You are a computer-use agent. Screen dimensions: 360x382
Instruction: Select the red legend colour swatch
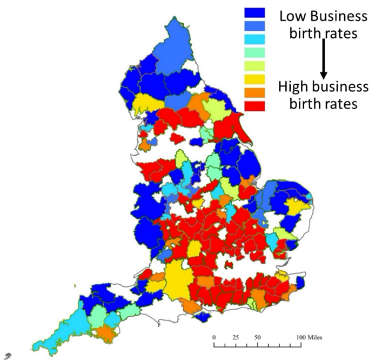(254, 105)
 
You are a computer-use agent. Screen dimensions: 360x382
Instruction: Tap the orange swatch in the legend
(254, 92)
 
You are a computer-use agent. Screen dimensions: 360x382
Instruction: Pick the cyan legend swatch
(254, 39)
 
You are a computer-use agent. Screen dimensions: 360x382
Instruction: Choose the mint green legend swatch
(254, 52)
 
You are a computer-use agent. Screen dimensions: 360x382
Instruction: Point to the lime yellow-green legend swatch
(254, 66)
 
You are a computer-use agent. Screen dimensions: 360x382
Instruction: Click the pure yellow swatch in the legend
(254, 79)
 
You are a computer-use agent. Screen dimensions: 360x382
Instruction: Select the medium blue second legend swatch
(254, 26)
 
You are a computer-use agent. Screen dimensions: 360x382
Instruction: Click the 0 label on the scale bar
(215, 337)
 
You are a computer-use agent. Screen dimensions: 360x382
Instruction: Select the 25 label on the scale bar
(236, 337)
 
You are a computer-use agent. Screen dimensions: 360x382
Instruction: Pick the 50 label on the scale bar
(257, 337)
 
